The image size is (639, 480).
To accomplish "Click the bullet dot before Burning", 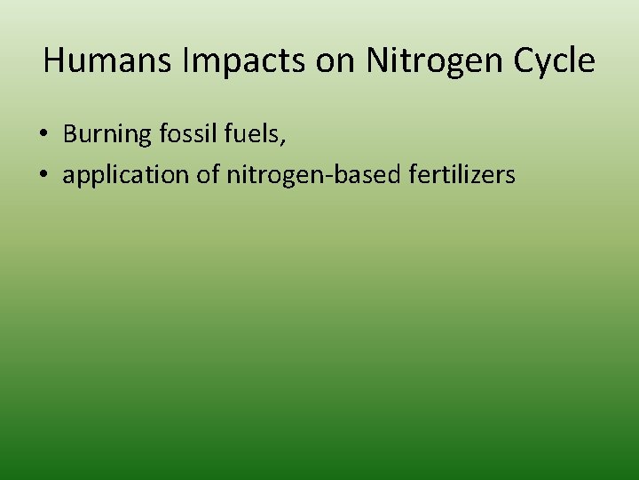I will (43, 135).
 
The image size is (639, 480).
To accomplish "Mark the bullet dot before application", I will (43, 176).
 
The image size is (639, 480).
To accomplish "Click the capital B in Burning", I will (70, 134).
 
